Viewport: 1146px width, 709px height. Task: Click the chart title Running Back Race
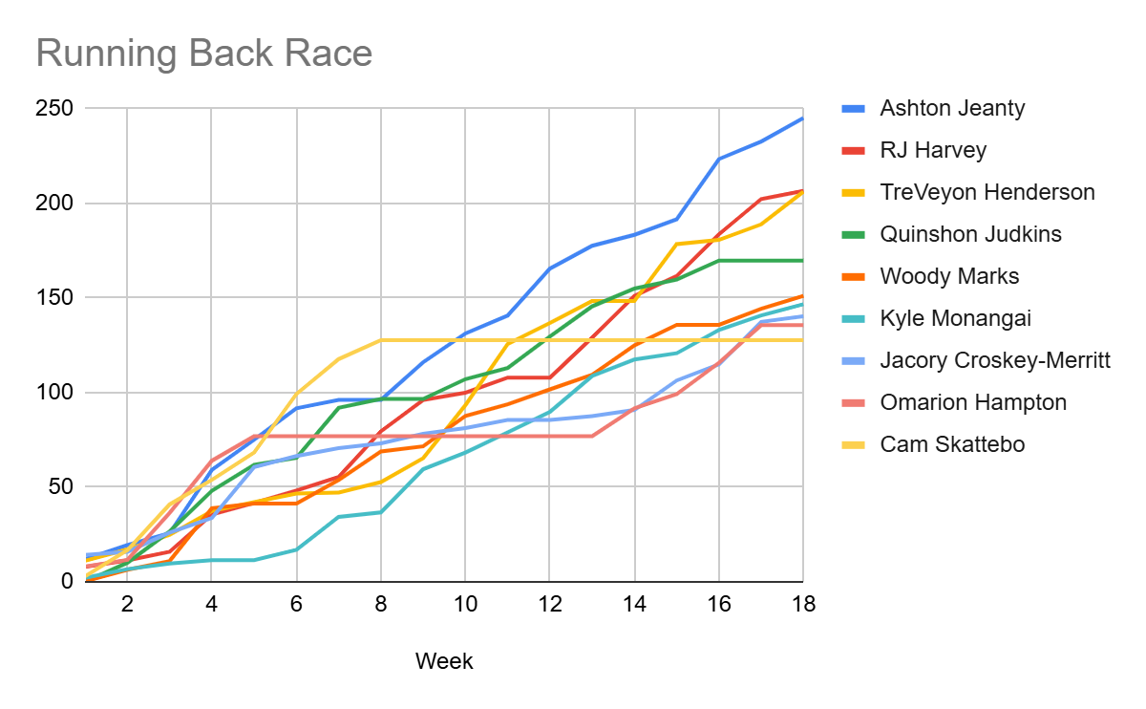pyautogui.click(x=203, y=54)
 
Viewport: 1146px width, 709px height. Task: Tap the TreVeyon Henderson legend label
pyautogui.click(x=987, y=192)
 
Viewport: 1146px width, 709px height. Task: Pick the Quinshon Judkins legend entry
pyautogui.click(x=970, y=234)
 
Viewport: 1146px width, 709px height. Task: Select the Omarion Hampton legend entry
pyautogui.click(x=973, y=402)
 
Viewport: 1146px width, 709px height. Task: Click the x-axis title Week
pyautogui.click(x=444, y=661)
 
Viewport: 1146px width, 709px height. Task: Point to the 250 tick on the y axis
pyautogui.click(x=53, y=109)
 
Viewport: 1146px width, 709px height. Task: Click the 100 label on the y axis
pyautogui.click(x=53, y=393)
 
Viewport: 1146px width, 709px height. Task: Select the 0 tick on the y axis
pyautogui.click(x=66, y=581)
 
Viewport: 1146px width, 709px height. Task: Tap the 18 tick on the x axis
pyautogui.click(x=803, y=605)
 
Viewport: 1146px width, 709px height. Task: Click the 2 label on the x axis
pyautogui.click(x=127, y=605)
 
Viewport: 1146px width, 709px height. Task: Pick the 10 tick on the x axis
pyautogui.click(x=465, y=605)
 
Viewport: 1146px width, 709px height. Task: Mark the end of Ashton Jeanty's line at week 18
pyautogui.click(x=802, y=118)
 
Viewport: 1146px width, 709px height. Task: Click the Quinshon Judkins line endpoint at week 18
pyautogui.click(x=802, y=260)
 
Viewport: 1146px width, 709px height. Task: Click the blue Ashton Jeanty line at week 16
pyautogui.click(x=718, y=159)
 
